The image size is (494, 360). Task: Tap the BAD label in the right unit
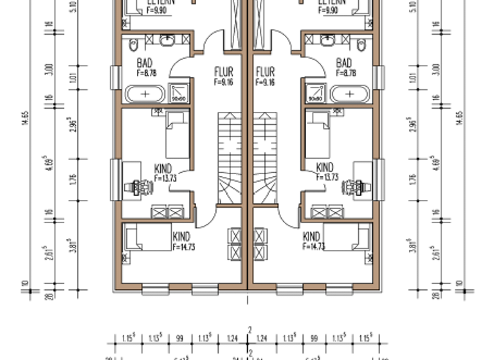pos(344,63)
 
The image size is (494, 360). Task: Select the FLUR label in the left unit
pos(223,72)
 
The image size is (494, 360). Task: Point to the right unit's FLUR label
pos(265,72)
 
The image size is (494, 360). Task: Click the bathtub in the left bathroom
pos(145,94)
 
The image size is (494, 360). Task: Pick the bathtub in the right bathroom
pos(349,94)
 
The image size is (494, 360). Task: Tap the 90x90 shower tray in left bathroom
pos(178,93)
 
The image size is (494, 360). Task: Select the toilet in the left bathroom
pos(133,44)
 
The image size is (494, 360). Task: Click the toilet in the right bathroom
pos(361,44)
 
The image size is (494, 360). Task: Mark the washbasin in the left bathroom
pos(167,40)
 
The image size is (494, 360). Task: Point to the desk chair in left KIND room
pos(142,187)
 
